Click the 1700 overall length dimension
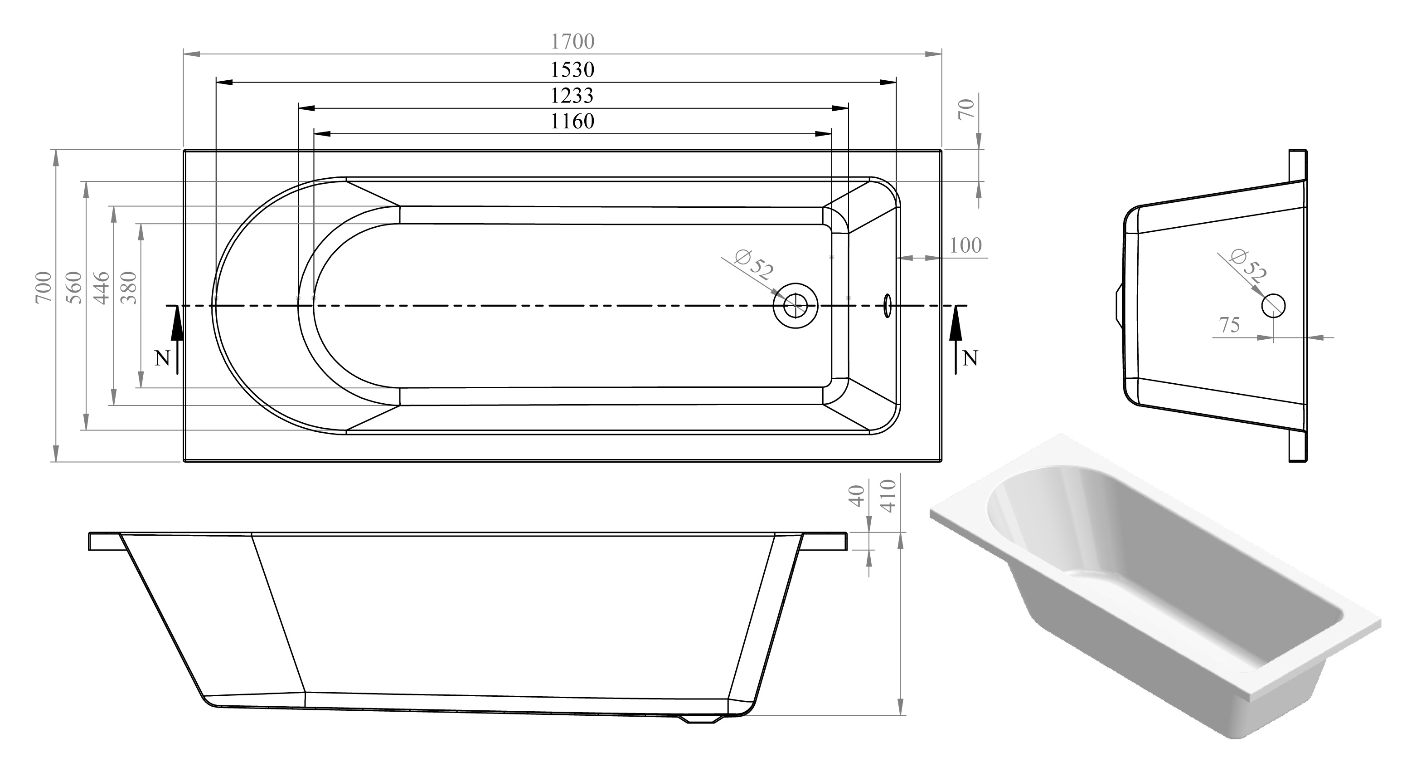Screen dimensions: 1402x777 coord(572,41)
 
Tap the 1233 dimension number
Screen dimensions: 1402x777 coord(572,96)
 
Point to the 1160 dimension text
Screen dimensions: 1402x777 coord(572,121)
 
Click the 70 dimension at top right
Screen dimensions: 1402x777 coord(966,109)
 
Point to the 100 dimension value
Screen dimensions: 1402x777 coord(965,245)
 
